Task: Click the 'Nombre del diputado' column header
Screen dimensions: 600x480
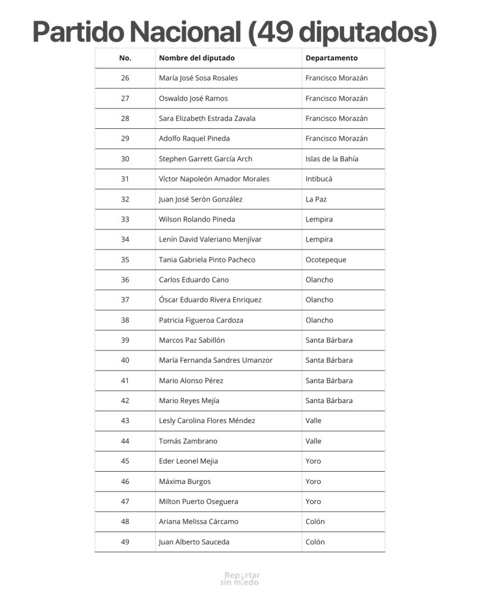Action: coord(196,58)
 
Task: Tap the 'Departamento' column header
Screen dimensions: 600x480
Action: coord(331,58)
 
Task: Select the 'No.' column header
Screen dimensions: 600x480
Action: coord(125,58)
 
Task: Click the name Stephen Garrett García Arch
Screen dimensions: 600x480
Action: coord(205,159)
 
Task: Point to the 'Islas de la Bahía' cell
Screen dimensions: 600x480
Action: coord(332,159)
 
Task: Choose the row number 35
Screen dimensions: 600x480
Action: coord(125,260)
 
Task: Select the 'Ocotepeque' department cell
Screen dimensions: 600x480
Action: coord(325,260)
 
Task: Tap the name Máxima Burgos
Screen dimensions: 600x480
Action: coord(185,481)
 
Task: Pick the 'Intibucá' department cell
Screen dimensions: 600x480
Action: coord(318,179)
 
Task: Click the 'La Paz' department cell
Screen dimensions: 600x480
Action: coord(316,199)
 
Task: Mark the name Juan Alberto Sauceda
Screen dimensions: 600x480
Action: coord(194,542)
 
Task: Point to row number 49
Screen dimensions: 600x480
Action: coord(125,542)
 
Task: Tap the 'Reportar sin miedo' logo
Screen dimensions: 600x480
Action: coord(240,578)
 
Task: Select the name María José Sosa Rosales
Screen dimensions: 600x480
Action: coord(198,78)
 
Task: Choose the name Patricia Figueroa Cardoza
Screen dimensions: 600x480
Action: coord(200,320)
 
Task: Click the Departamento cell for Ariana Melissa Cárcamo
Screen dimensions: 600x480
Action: coord(315,521)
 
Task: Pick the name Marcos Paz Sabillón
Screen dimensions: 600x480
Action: coord(192,340)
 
